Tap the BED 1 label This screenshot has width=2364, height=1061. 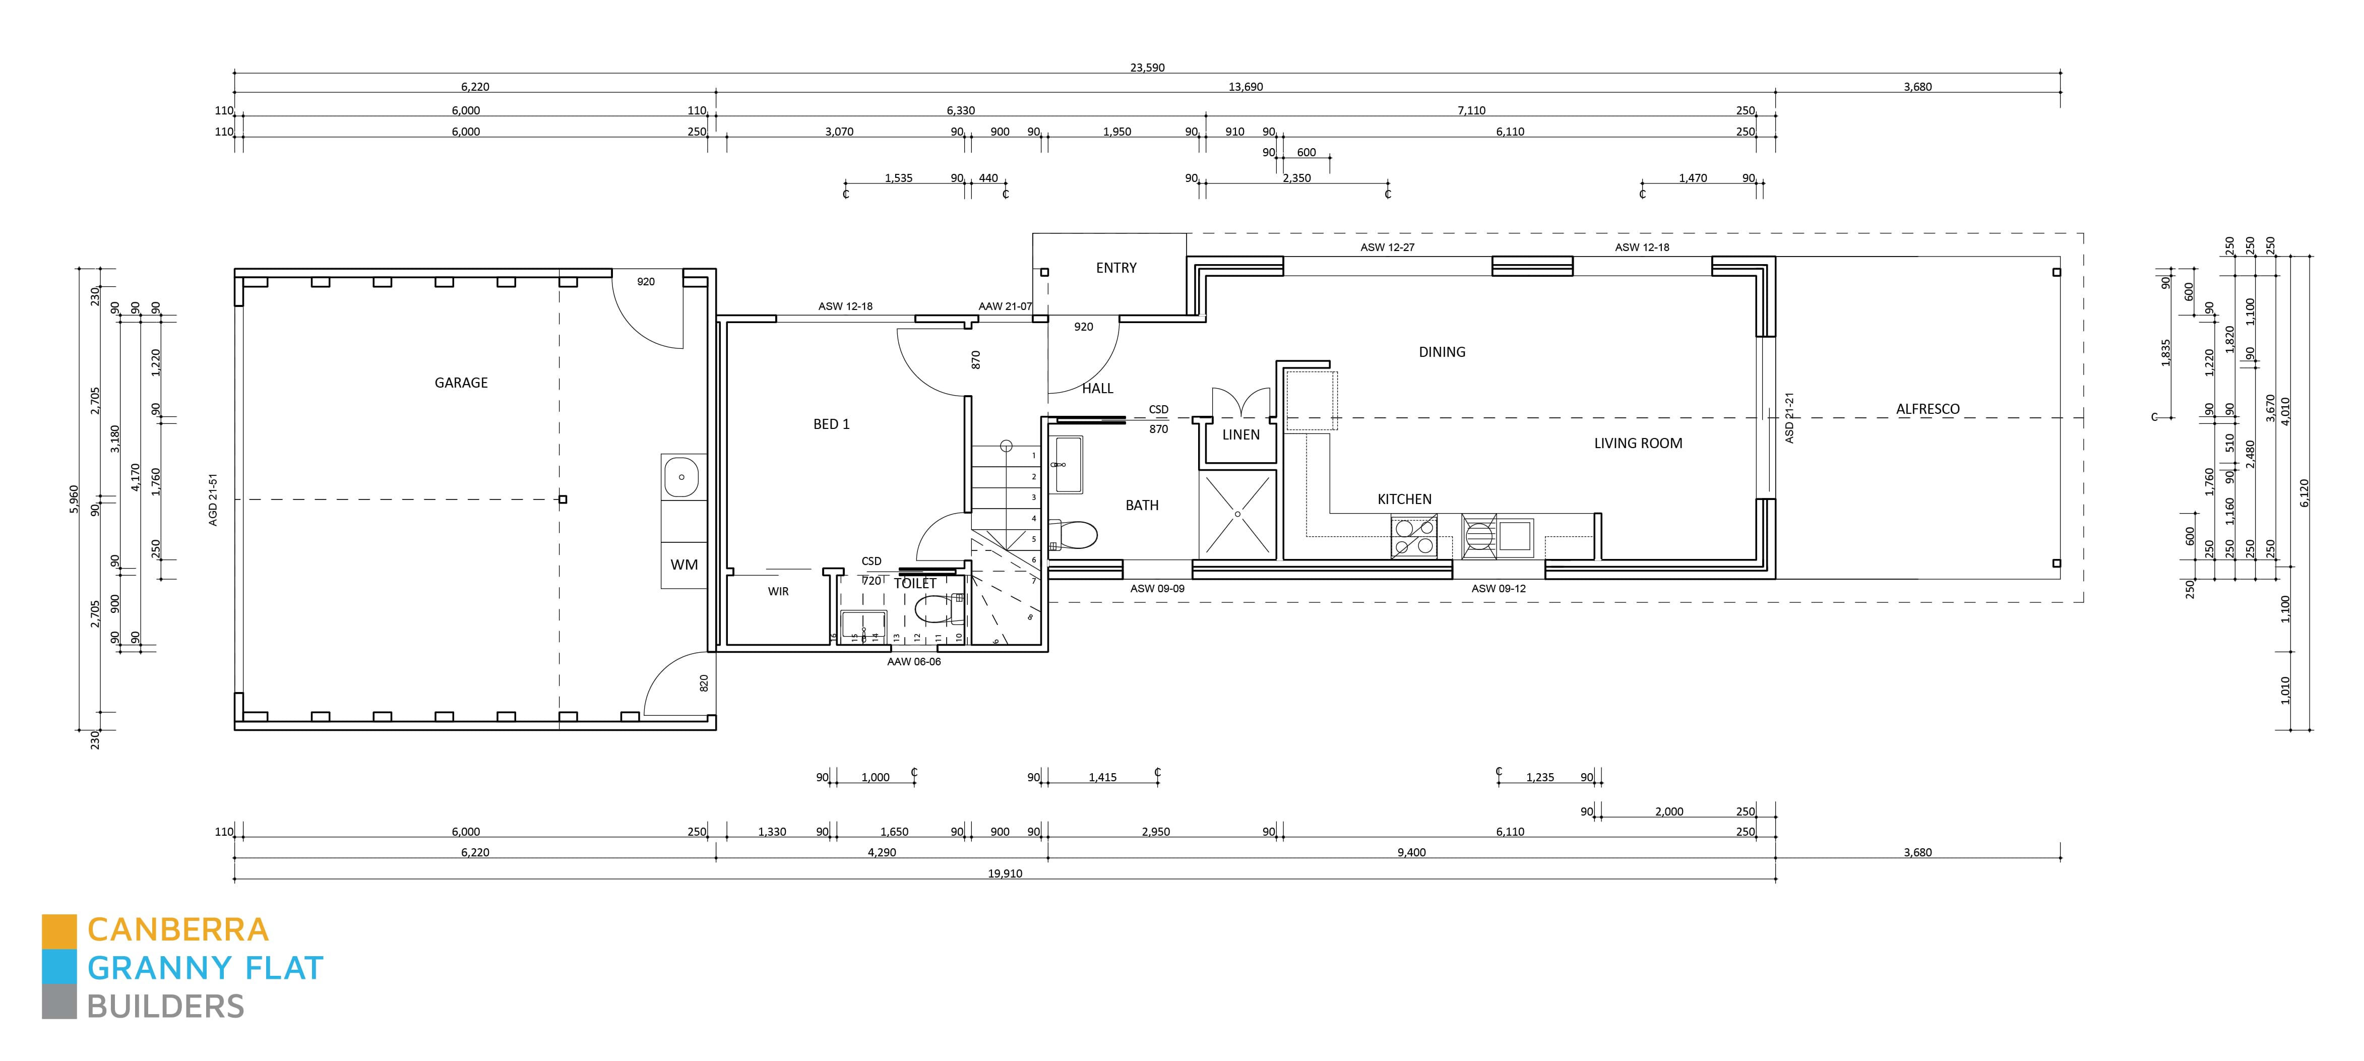[x=832, y=424]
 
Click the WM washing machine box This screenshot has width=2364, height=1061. [x=683, y=565]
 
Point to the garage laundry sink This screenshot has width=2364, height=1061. [x=681, y=477]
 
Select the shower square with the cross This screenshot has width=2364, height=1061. [x=1237, y=514]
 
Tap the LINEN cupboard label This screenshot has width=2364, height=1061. [x=1241, y=435]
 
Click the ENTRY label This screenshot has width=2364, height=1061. [x=1116, y=268]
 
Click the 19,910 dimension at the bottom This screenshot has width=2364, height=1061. [x=1005, y=874]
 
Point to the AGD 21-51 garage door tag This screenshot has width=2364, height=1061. [x=213, y=500]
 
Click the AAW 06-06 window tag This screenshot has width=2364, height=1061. [x=914, y=662]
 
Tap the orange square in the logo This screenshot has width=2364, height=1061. [x=59, y=930]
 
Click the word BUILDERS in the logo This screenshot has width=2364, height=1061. [x=166, y=1007]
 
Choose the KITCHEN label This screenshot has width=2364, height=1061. [x=1404, y=500]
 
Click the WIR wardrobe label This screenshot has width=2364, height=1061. [x=778, y=592]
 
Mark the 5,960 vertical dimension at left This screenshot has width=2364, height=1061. [x=74, y=500]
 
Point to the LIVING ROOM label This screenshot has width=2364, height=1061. [x=1638, y=444]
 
